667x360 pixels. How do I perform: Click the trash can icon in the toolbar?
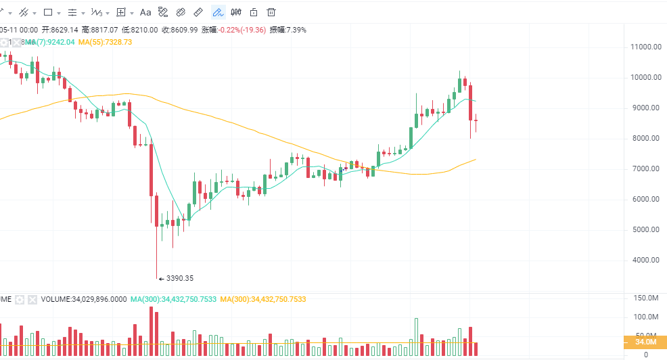coord(271,12)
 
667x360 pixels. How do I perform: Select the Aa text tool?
coord(145,12)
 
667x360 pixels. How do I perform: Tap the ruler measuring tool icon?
coord(198,12)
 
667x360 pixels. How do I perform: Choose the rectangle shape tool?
coord(48,12)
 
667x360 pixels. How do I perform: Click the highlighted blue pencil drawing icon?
coord(218,12)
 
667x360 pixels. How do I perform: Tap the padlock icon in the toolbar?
coord(254,12)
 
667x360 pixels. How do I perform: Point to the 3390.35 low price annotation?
coord(179,277)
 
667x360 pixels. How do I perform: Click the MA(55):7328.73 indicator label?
coord(105,42)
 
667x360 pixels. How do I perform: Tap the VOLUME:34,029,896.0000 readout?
coord(83,299)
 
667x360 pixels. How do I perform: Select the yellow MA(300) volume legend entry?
coord(262,299)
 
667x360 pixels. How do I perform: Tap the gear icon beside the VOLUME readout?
coord(20,299)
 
